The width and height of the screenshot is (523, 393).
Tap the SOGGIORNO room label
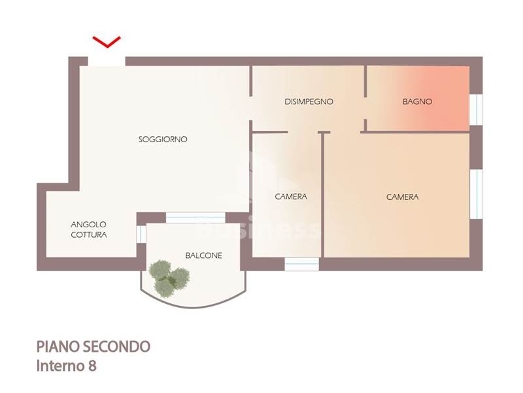pyautogui.click(x=163, y=140)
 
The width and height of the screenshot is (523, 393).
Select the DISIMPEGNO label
pyautogui.click(x=309, y=102)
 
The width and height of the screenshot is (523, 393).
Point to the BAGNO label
pyautogui.click(x=417, y=102)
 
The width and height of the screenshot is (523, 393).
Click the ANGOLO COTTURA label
pyautogui.click(x=89, y=230)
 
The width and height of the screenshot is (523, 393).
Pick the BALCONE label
pyautogui.click(x=204, y=255)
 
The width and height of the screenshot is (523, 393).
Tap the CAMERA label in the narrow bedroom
pyautogui.click(x=291, y=196)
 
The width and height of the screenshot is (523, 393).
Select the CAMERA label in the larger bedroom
pyautogui.click(x=402, y=197)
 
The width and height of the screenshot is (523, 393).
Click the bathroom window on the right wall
pyautogui.click(x=476, y=109)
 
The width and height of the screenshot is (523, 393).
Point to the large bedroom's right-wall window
pyautogui.click(x=477, y=194)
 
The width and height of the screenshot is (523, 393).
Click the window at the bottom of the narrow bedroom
pyautogui.click(x=302, y=264)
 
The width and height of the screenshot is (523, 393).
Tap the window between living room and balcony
pyautogui.click(x=195, y=217)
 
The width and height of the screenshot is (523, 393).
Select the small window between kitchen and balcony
pyautogui.click(x=141, y=233)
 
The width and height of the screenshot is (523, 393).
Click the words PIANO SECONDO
pyautogui.click(x=93, y=347)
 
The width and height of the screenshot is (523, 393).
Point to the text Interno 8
pyautogui.click(x=67, y=366)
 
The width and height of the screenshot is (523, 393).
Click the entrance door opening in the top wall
pyautogui.click(x=107, y=62)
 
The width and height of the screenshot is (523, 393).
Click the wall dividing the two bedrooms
pyautogui.click(x=322, y=195)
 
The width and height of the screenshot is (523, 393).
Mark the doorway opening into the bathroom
pyautogui.click(x=365, y=108)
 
